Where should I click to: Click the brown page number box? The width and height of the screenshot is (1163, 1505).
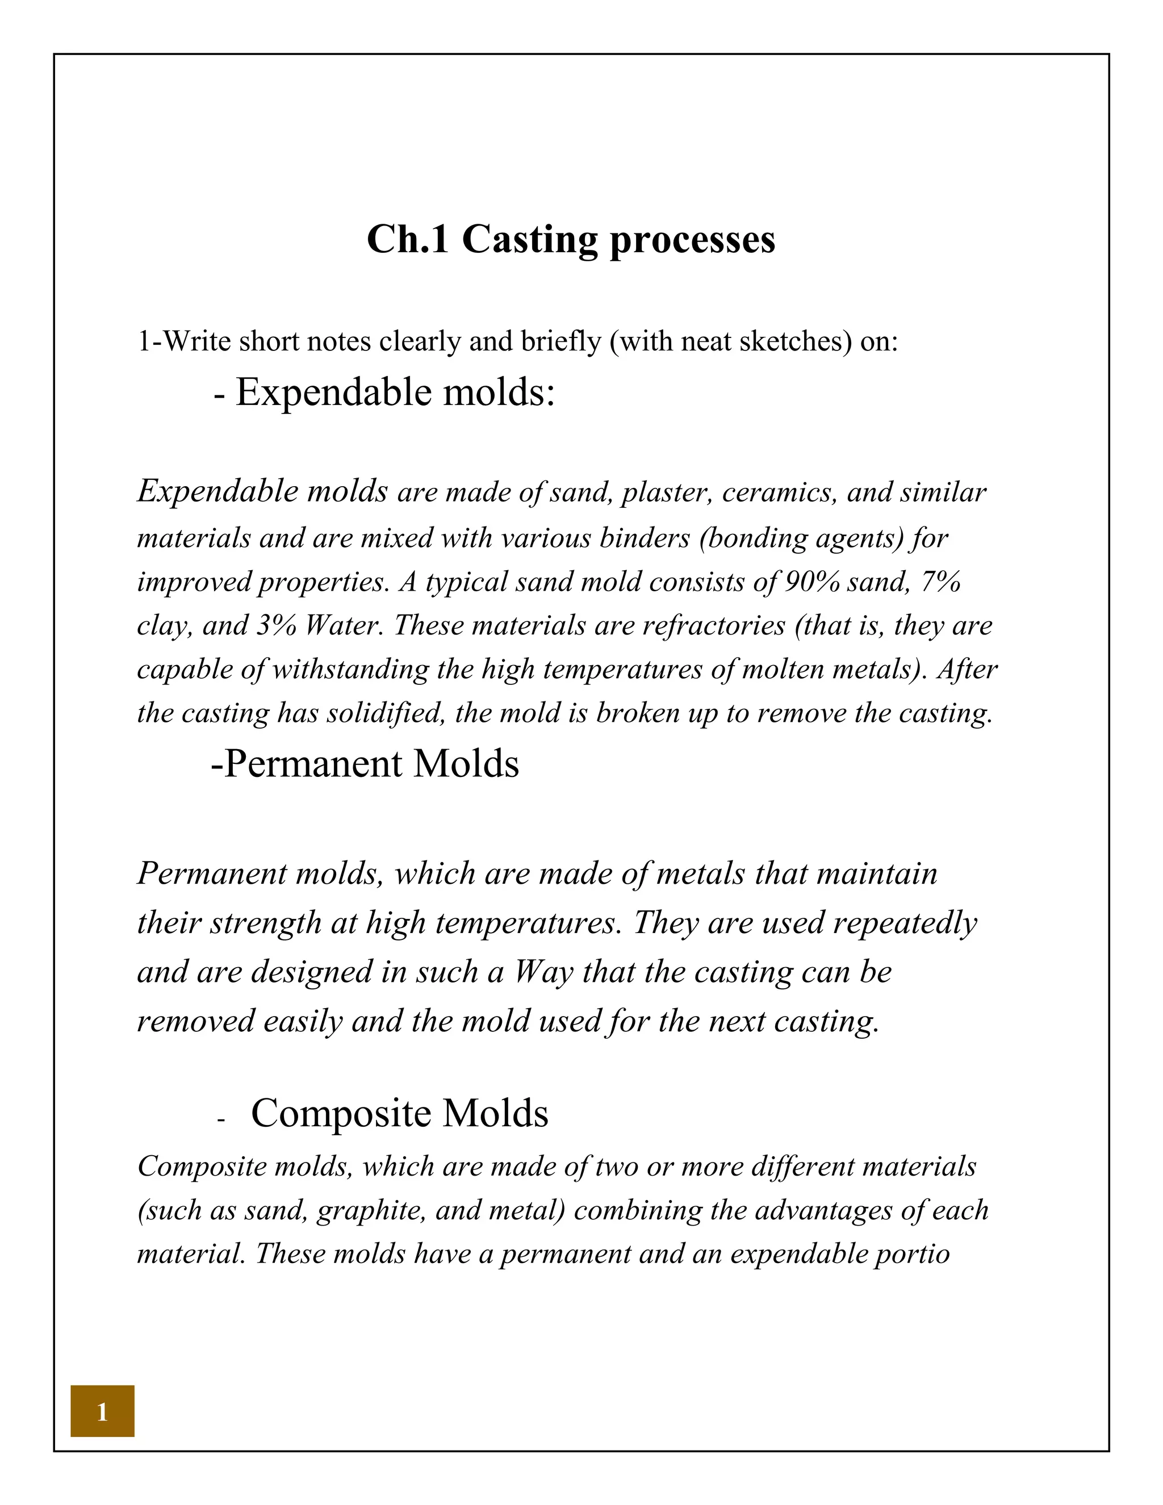coord(102,1411)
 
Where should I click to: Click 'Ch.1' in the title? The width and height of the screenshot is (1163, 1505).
coord(407,240)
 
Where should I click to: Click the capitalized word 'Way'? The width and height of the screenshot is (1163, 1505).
coord(543,973)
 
